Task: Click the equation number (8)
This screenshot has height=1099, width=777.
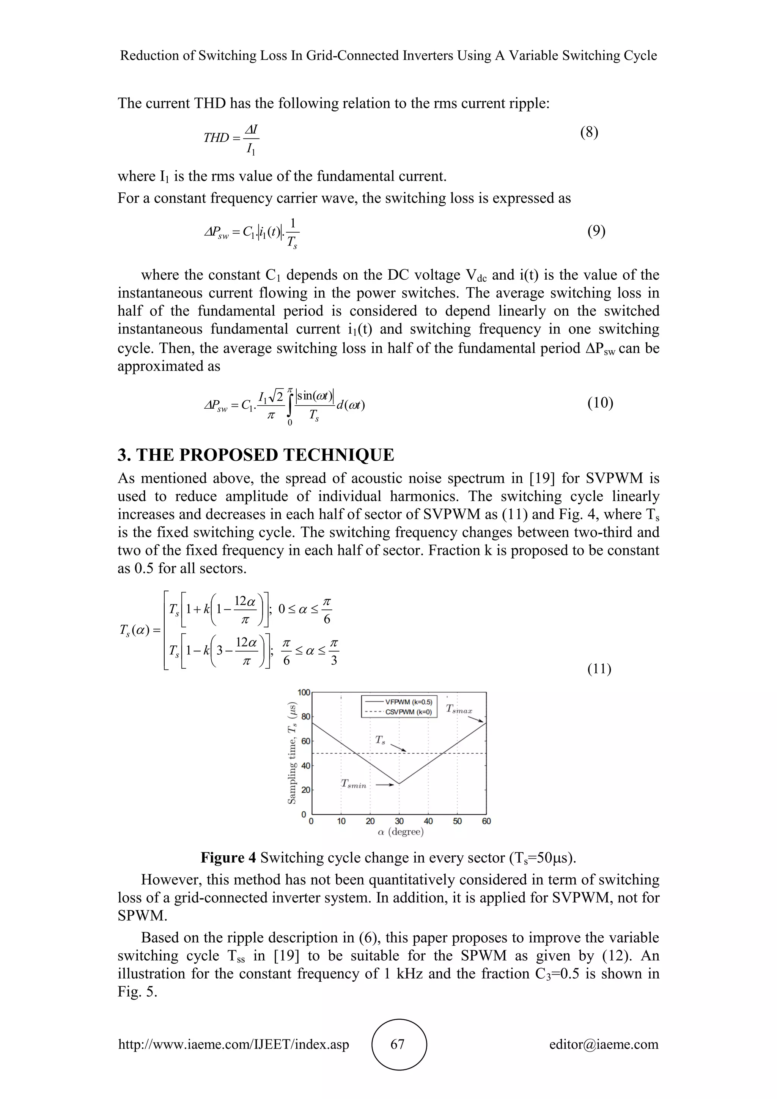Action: [x=589, y=132]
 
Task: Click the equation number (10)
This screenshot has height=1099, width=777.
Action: [x=600, y=403]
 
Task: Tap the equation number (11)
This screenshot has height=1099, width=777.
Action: [x=599, y=669]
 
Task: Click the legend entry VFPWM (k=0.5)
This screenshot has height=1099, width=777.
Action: [x=408, y=702]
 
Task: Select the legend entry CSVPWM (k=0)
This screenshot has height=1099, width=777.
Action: [x=408, y=712]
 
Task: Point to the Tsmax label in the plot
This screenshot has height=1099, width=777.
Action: [x=459, y=709]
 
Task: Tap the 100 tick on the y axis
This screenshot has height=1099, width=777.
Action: [x=304, y=693]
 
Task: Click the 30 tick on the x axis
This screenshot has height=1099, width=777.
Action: [x=399, y=821]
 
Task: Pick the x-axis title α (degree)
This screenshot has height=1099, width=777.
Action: [x=401, y=832]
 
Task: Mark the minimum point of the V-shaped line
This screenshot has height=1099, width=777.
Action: [x=399, y=784]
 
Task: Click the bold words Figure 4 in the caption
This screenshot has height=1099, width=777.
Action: [x=229, y=857]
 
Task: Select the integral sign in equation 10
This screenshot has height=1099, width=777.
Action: [x=290, y=405]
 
